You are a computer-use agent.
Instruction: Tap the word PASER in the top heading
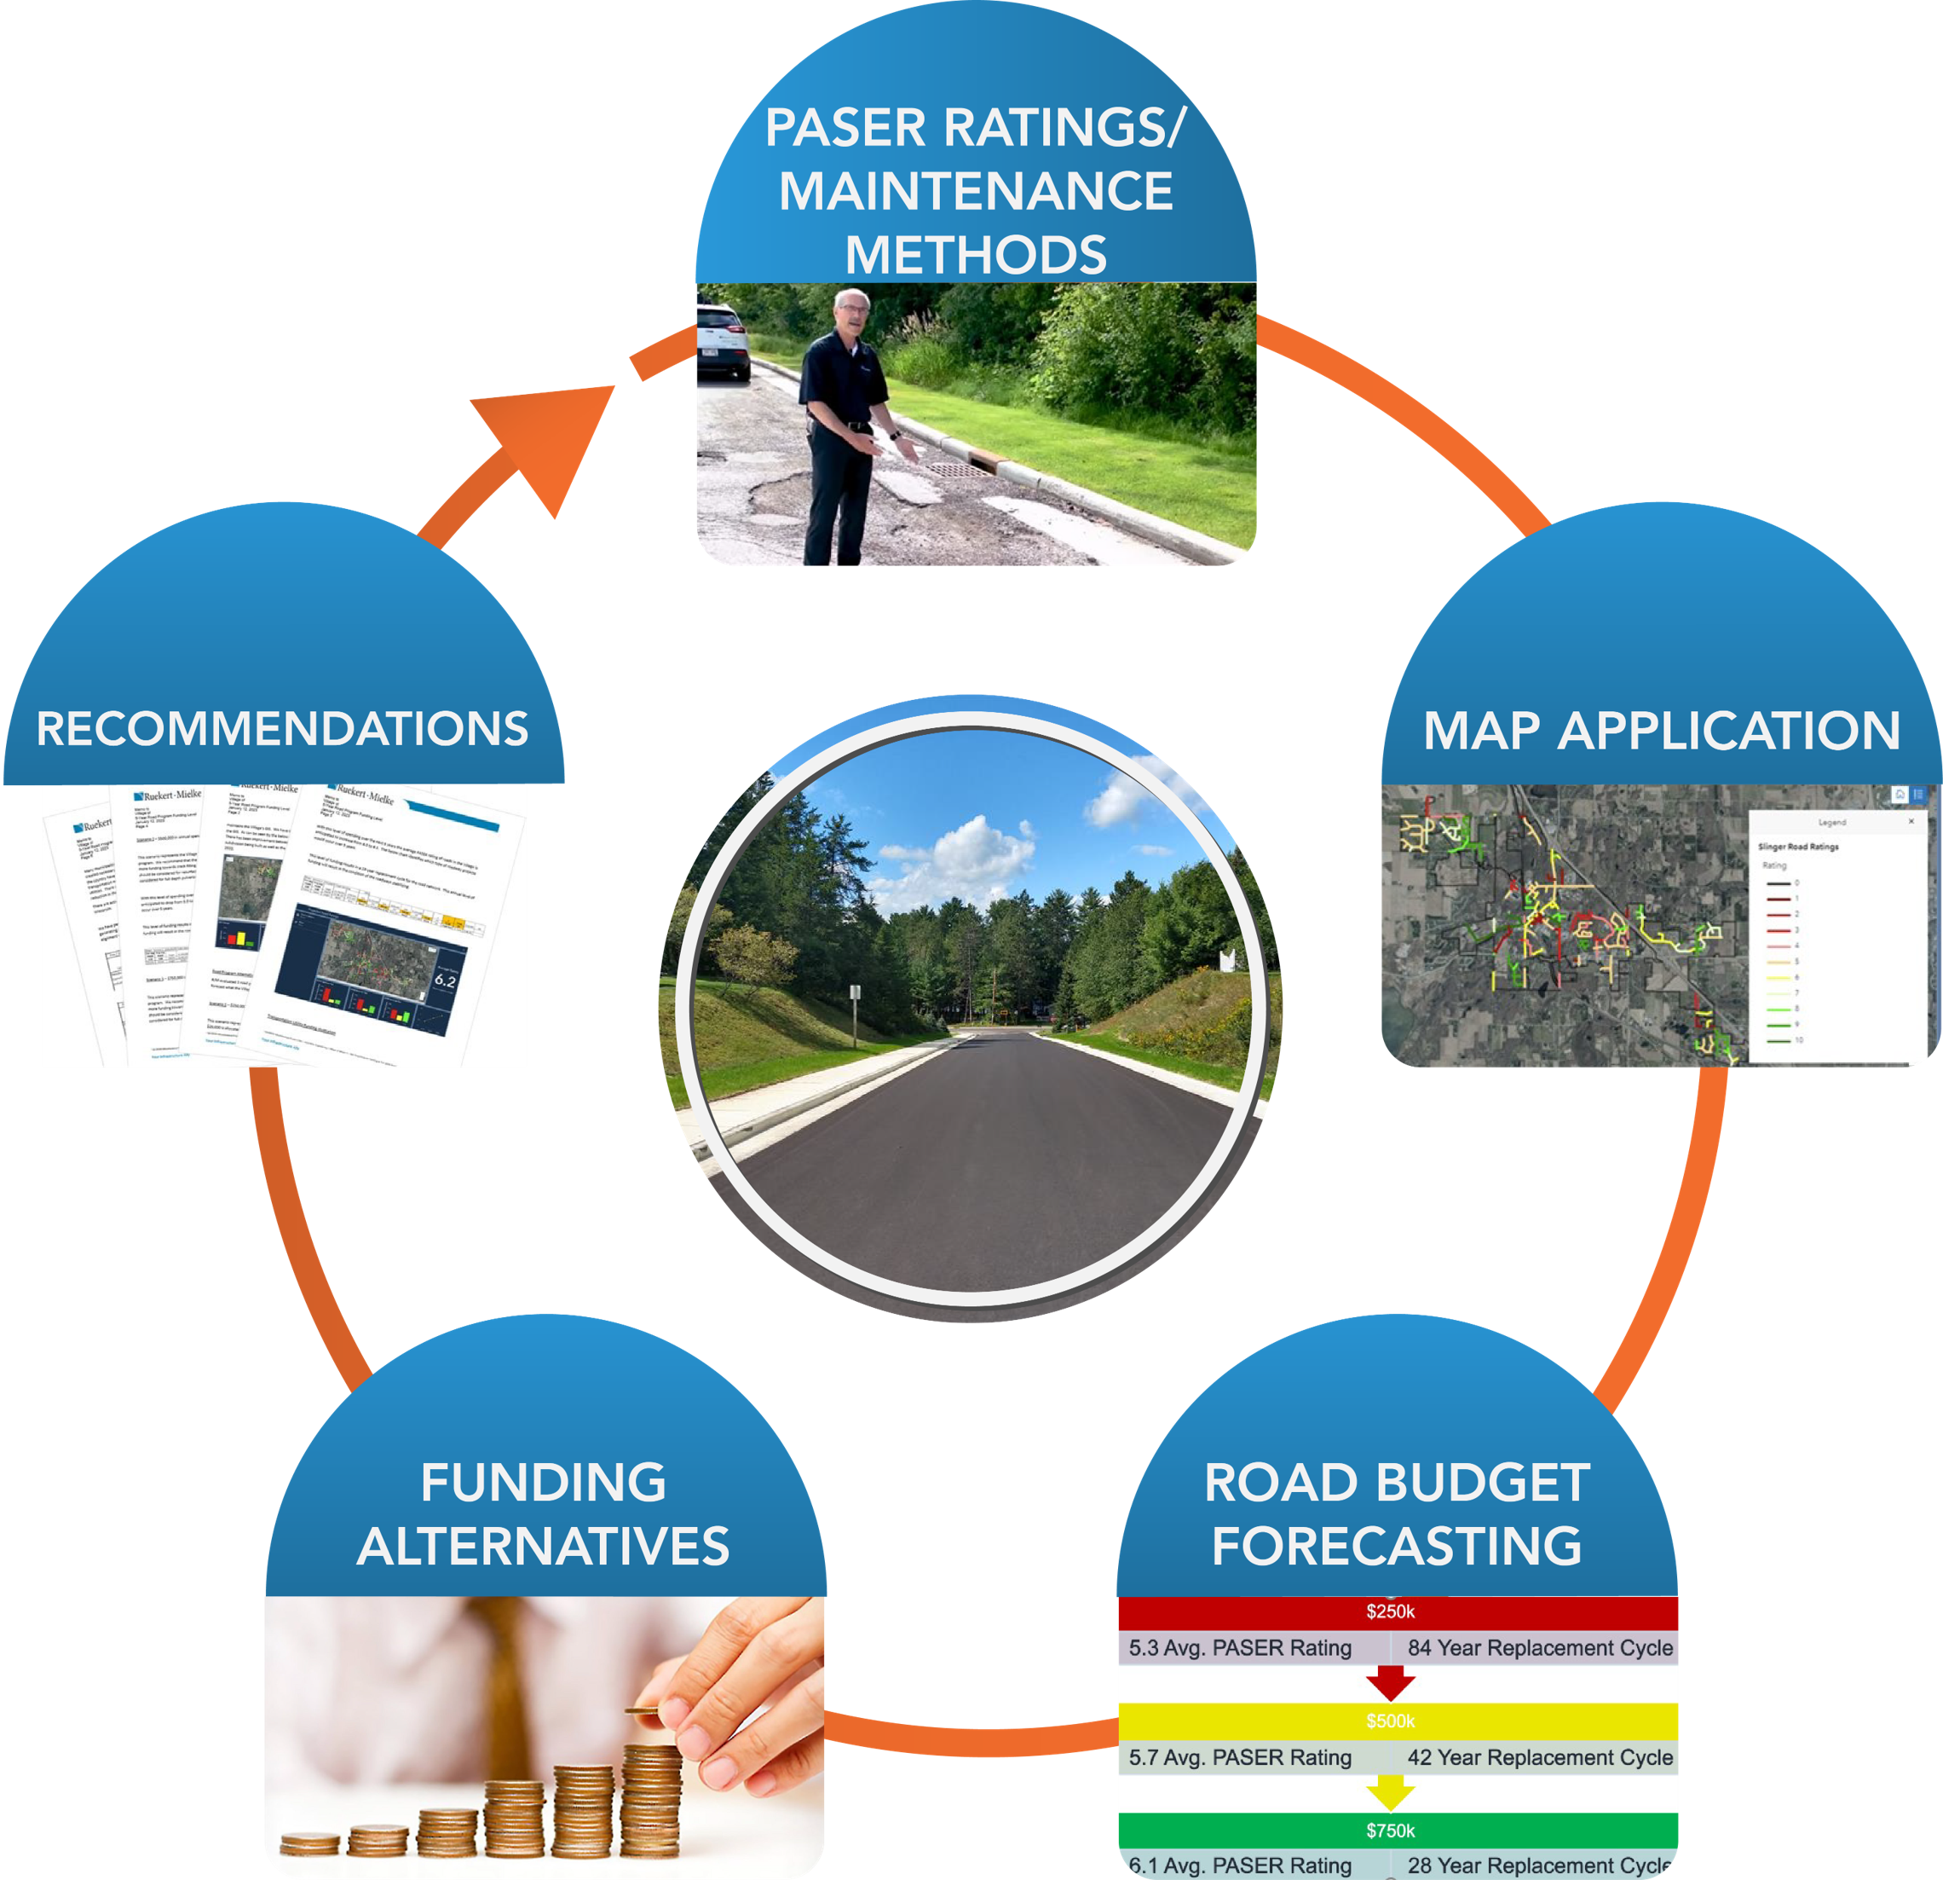click(x=845, y=128)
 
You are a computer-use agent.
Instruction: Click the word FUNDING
click(x=543, y=1483)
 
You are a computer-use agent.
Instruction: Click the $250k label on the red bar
click(x=1390, y=1611)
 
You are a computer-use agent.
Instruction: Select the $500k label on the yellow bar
click(x=1390, y=1721)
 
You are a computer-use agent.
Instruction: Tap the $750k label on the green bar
click(x=1390, y=1831)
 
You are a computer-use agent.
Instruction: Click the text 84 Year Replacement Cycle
click(x=1540, y=1648)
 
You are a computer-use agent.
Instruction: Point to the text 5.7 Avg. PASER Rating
click(x=1240, y=1757)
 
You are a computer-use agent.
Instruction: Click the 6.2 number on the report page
click(x=445, y=980)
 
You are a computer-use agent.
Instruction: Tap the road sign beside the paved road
click(x=854, y=992)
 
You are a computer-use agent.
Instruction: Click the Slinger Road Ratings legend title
click(x=1797, y=847)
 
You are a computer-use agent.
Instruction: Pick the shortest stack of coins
click(x=309, y=1844)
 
